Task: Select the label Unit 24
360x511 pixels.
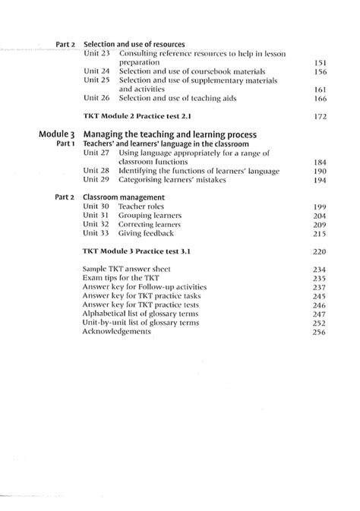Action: (x=96, y=71)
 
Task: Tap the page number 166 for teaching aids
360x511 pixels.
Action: (x=320, y=98)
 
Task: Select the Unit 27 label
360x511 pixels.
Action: (x=96, y=153)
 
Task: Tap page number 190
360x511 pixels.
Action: (x=320, y=171)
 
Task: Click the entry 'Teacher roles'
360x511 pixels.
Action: (x=142, y=207)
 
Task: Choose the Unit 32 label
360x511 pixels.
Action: (x=96, y=225)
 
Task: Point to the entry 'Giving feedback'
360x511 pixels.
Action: (x=146, y=234)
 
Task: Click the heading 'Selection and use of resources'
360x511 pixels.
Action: (x=134, y=44)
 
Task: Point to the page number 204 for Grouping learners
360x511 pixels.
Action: (x=320, y=216)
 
